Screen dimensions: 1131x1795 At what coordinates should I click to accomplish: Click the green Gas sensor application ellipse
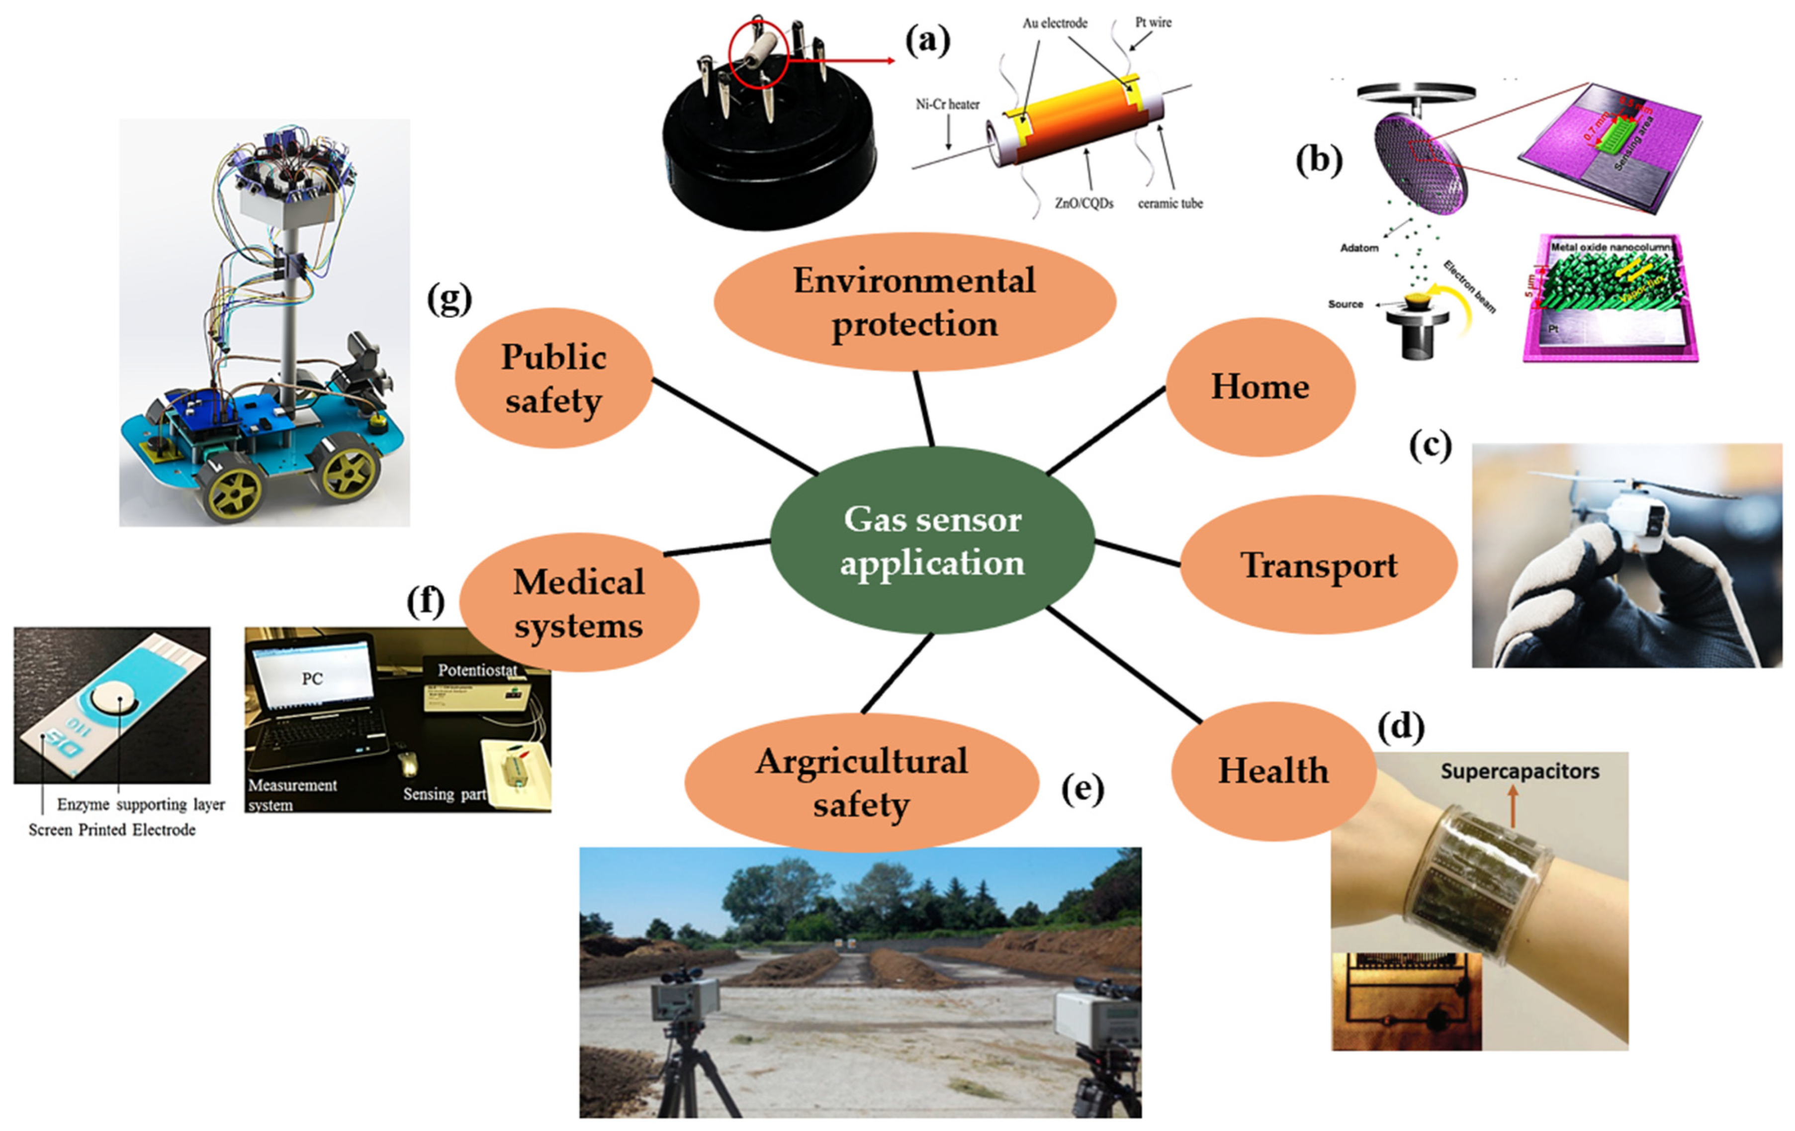tap(932, 541)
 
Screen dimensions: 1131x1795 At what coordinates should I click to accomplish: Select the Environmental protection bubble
tap(914, 302)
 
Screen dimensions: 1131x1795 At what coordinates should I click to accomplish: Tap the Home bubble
tap(1260, 386)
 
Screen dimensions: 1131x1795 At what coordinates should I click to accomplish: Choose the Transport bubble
tap(1318, 565)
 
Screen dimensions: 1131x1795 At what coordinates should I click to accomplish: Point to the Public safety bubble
tap(553, 378)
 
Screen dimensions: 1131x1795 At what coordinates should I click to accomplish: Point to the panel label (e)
tap(1082, 789)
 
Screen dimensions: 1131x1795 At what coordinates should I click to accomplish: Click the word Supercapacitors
tap(1519, 771)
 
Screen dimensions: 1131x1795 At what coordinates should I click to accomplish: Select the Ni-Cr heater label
tap(947, 104)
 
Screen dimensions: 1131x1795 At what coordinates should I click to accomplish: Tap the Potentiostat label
tap(477, 669)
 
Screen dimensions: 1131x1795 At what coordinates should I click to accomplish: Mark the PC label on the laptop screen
tap(312, 678)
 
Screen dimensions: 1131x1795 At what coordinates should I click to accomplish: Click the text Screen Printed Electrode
tap(112, 830)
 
